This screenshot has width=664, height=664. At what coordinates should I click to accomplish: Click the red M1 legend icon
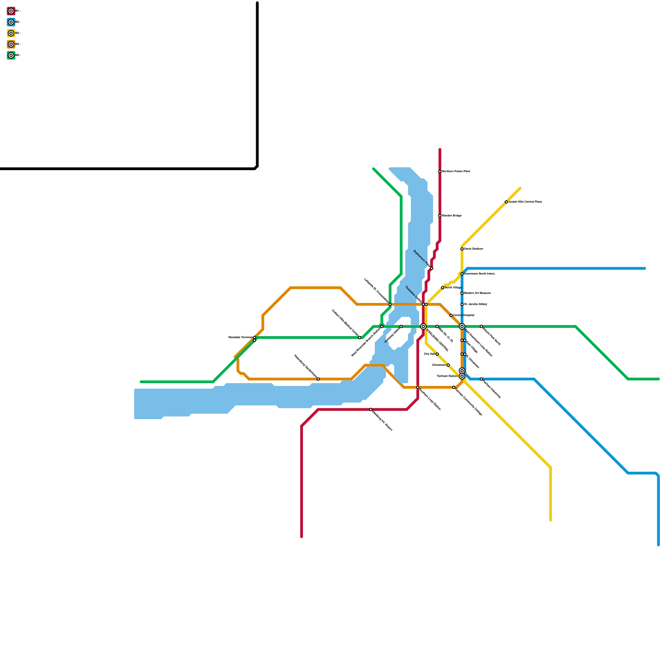11,11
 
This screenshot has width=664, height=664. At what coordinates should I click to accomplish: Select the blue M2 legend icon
11,22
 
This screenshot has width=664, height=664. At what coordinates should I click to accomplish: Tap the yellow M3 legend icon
11,33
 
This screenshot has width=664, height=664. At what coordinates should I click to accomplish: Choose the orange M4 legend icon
11,44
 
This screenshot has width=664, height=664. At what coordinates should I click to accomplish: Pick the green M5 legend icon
11,55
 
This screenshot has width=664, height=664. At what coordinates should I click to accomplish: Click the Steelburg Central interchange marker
423,327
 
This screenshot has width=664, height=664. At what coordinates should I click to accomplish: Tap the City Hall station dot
437,354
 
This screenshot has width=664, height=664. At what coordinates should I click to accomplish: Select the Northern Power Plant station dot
440,171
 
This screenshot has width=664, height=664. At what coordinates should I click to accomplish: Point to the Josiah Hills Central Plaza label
525,202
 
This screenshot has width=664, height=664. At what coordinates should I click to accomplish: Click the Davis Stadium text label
473,249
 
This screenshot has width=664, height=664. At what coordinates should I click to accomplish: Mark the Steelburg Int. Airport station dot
371,410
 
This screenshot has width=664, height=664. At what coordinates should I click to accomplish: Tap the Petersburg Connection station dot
318,379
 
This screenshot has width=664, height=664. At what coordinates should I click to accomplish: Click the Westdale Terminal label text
240,337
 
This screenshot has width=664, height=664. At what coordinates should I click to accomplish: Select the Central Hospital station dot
451,315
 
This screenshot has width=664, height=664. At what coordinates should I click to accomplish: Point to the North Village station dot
443,288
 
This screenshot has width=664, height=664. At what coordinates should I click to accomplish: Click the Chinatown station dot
448,365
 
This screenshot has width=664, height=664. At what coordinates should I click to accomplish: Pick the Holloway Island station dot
401,327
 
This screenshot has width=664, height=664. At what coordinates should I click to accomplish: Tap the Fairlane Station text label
447,376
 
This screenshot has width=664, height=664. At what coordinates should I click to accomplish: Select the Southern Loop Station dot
418,387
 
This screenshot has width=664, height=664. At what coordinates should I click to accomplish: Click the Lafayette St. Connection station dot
390,304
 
